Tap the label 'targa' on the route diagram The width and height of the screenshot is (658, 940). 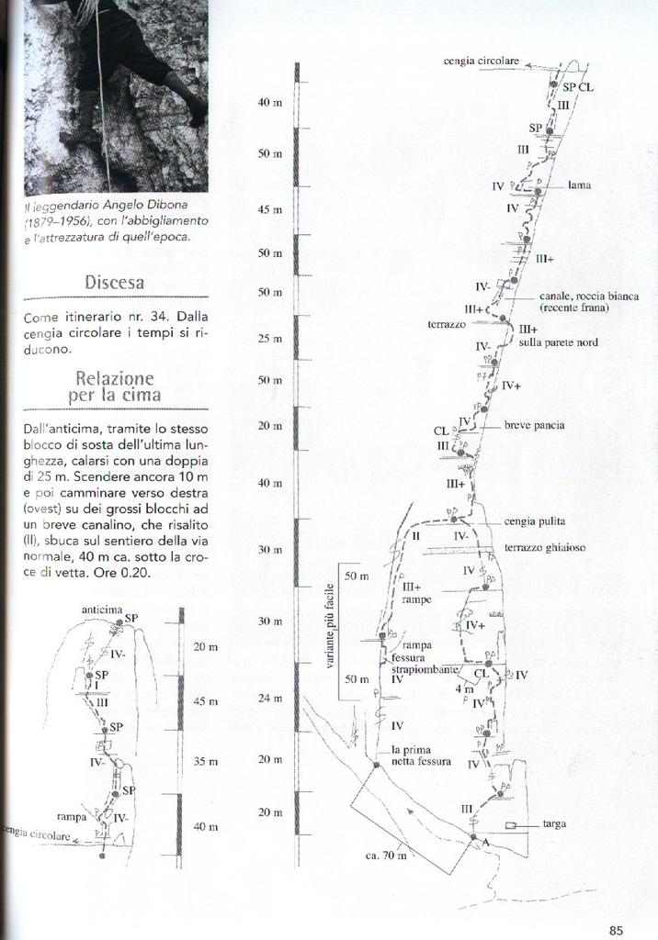pos(554,824)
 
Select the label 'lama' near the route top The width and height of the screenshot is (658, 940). pos(579,185)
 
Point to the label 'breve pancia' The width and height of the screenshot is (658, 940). pos(534,426)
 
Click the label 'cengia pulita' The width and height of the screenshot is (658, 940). pos(534,521)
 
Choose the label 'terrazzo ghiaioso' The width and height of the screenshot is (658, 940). pos(545,548)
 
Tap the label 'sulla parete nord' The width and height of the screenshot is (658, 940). pos(558,342)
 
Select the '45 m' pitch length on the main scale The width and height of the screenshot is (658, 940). pos(270,209)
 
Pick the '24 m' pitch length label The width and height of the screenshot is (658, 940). pos(270,699)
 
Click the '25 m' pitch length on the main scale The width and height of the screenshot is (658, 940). pos(270,339)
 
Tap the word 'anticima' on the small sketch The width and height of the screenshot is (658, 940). pos(102,609)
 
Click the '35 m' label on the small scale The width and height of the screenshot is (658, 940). pos(206,761)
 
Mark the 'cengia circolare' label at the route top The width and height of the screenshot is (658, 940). pos(482,61)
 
